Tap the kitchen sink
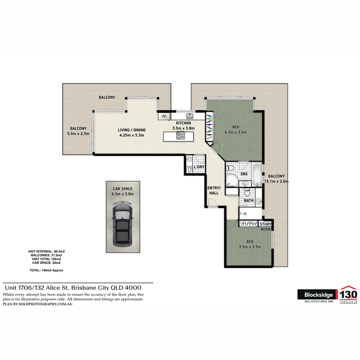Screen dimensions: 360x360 [190, 116]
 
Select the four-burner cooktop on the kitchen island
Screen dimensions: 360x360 [181, 135]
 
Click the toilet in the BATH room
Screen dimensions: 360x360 [247, 193]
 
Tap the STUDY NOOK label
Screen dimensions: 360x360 [266, 227]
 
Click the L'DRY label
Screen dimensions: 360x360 [199, 167]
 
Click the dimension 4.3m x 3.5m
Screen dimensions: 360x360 [236, 132]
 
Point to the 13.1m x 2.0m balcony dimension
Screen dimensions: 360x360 [276, 181]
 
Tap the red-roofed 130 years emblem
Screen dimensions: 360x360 [348, 294]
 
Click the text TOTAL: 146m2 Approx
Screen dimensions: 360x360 [46, 270]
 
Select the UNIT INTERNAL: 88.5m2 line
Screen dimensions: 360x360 [49, 251]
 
